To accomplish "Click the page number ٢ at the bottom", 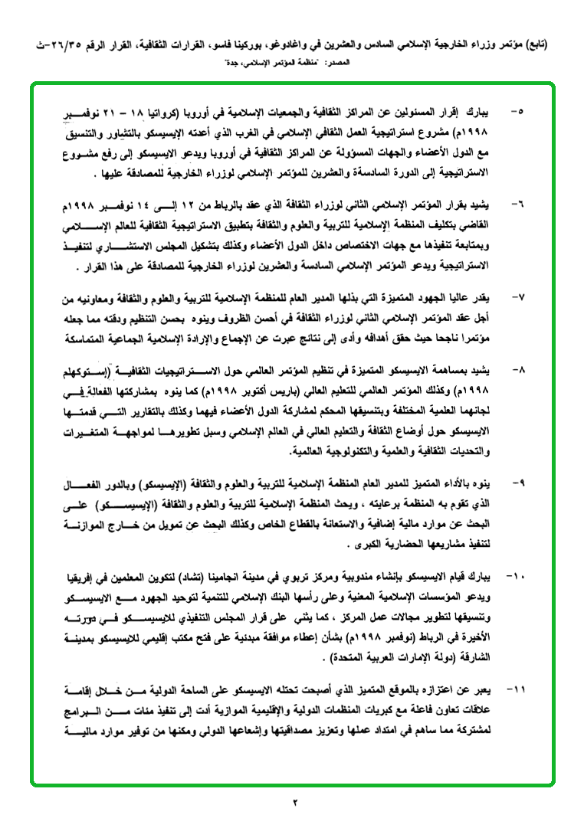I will tap(294, 802).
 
